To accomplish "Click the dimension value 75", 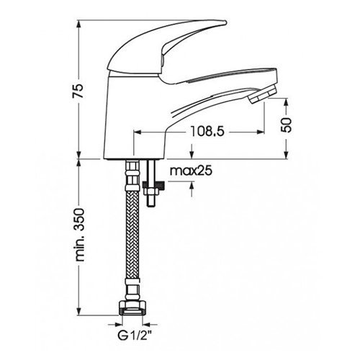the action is point(78,90).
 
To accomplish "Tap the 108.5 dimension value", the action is point(207,131).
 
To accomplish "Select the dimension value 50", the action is point(286,125).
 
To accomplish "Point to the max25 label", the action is point(191,171).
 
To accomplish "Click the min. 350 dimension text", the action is point(79,235).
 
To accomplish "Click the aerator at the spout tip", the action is point(263,94).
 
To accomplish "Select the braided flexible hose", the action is point(132,235).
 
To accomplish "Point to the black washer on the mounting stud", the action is point(154,185).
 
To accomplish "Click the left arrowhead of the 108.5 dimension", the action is point(138,132).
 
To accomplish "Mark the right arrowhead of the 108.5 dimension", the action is point(261,132).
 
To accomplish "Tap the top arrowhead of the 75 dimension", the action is point(79,24).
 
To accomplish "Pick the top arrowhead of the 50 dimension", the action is point(286,102).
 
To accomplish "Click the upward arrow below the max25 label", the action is point(192,189).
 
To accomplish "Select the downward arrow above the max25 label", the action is point(192,151).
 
